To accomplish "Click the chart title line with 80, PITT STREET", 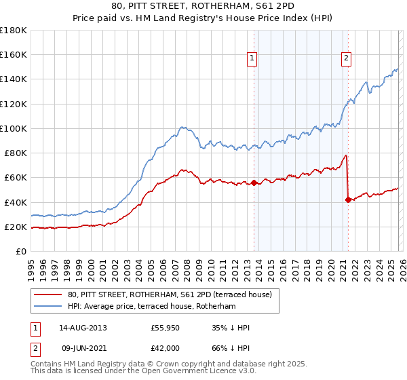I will pos(203,6).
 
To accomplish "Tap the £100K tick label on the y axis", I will pos(13,128).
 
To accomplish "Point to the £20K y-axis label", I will pos(15,227).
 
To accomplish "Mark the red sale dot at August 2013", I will pos(254,183).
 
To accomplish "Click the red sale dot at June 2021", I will pos(348,199).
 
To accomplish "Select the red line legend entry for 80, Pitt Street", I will pos(170,294).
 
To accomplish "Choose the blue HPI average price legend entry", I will pos(151,307).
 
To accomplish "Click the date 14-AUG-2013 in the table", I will pos(83,328).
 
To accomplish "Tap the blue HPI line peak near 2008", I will pos(182,127).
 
